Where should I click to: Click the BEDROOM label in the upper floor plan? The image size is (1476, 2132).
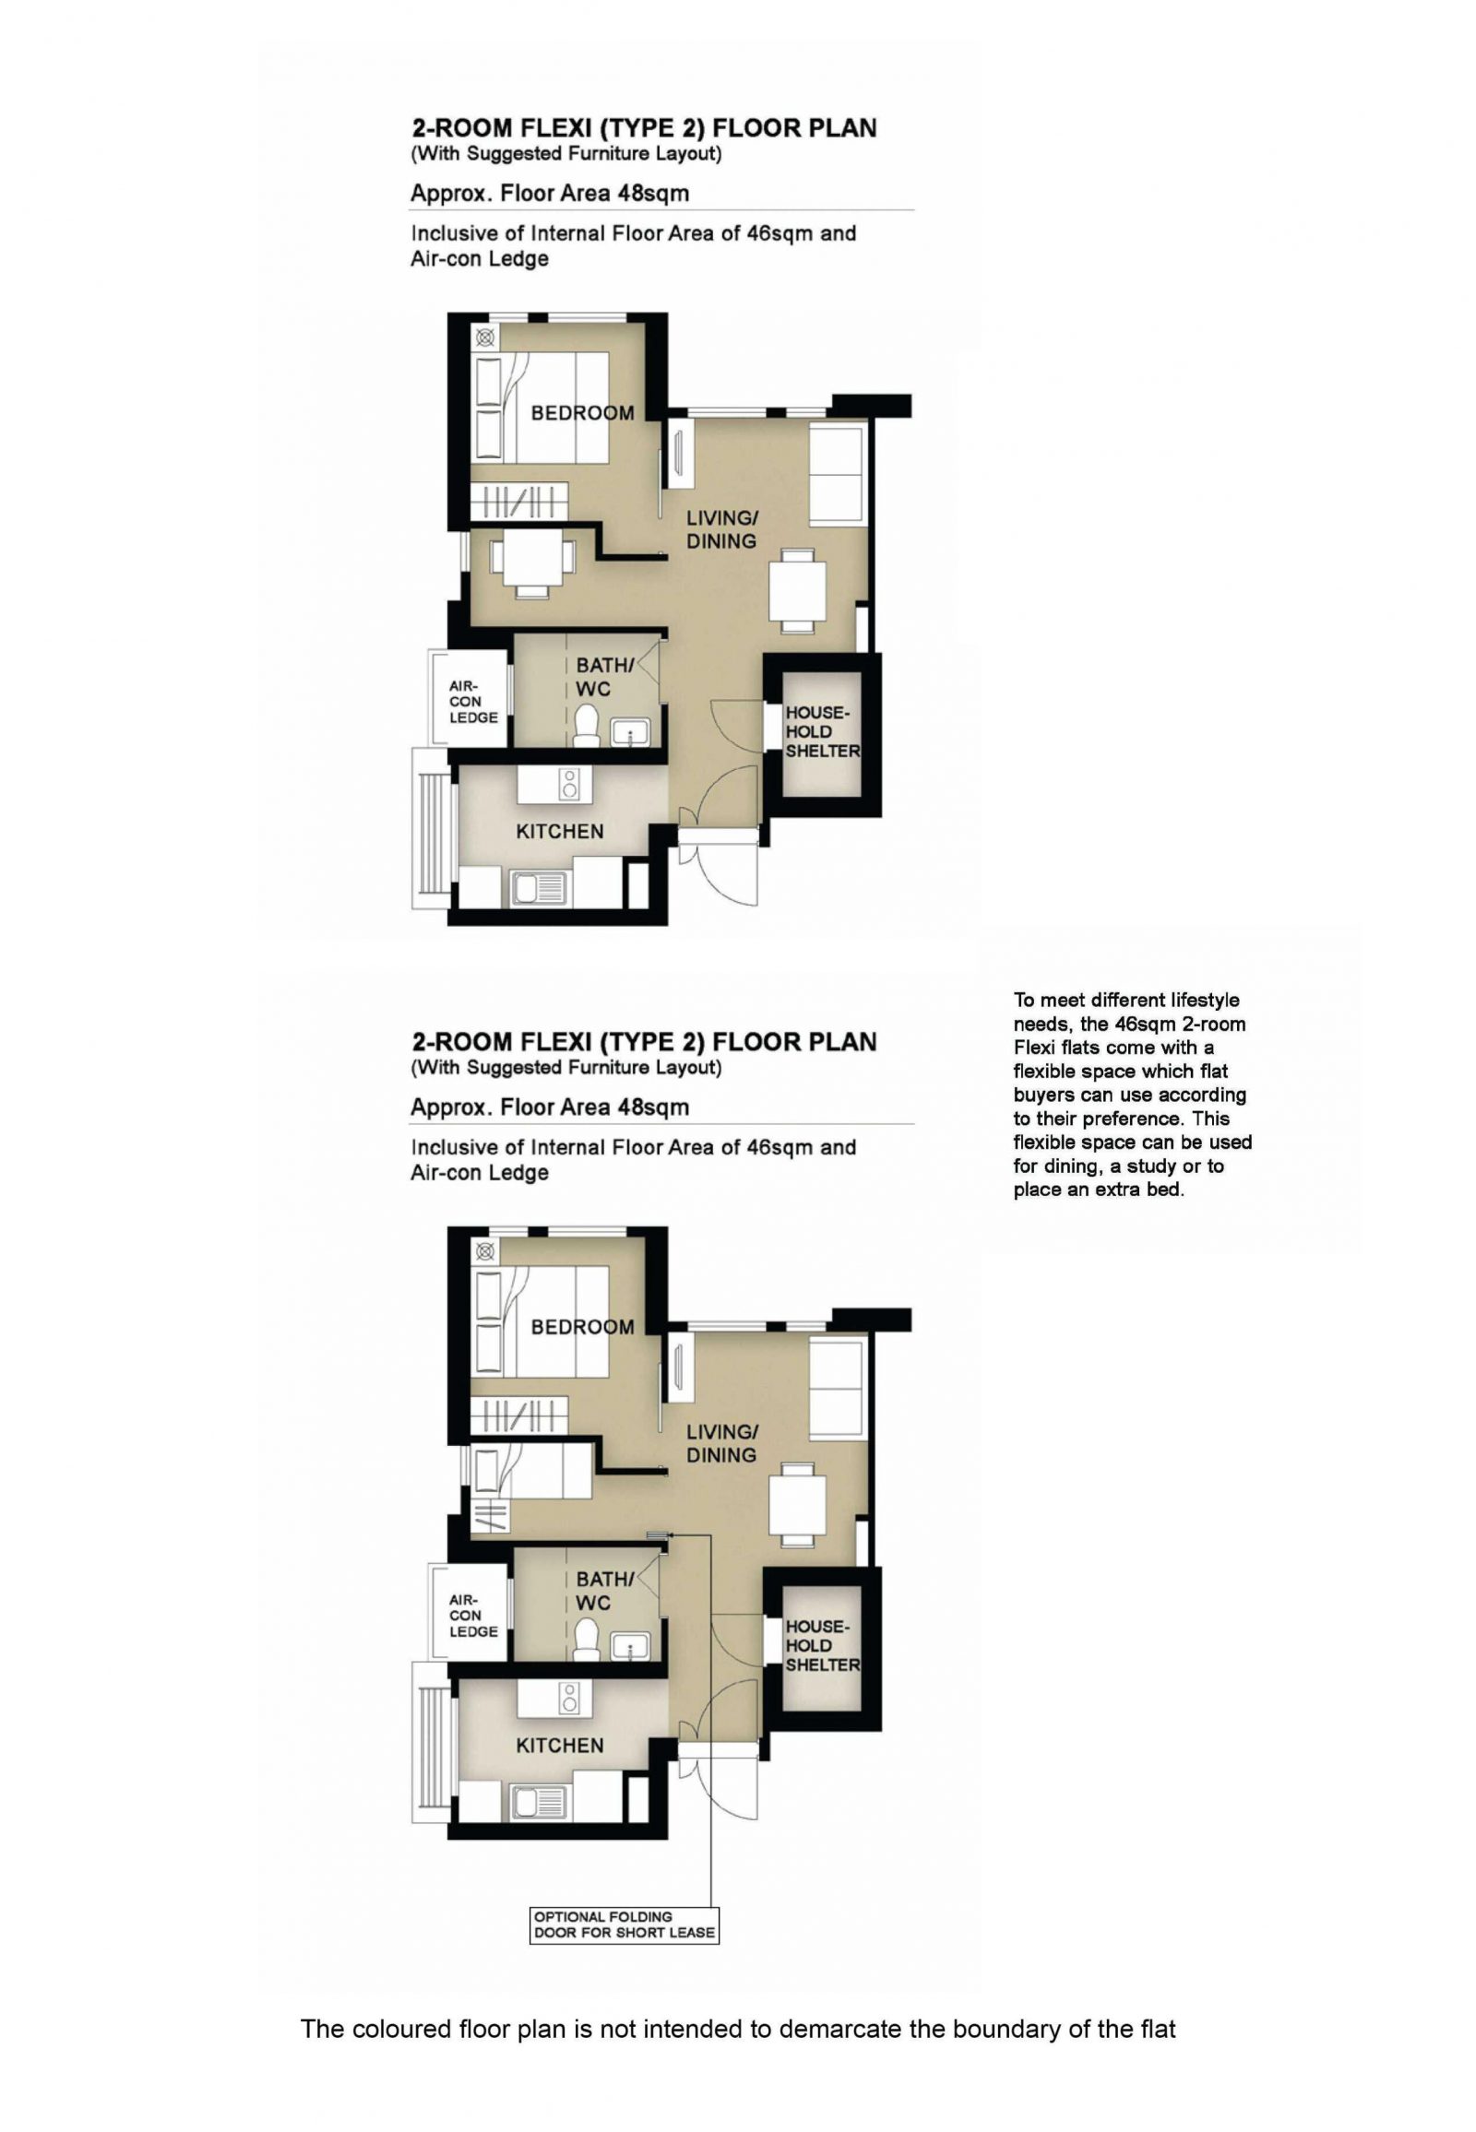(x=582, y=413)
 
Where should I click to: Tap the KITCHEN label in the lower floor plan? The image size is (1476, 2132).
(x=560, y=1745)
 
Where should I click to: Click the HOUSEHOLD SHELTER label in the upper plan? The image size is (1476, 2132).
(x=822, y=731)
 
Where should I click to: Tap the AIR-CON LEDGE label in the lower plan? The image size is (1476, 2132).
(x=473, y=1616)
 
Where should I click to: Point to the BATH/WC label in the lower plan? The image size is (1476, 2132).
(x=605, y=1591)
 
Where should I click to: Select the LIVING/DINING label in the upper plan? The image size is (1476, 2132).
(x=721, y=529)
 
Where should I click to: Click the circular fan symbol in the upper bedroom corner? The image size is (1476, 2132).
(x=484, y=338)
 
